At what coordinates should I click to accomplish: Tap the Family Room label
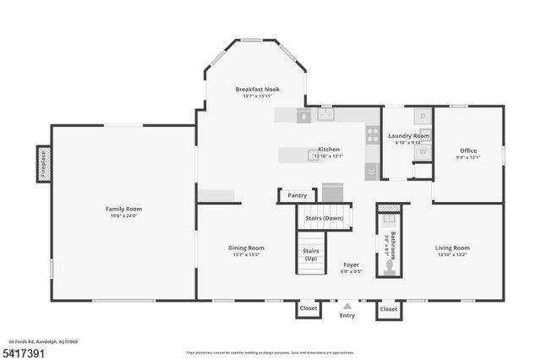click(x=123, y=209)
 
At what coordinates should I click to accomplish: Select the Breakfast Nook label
click(x=257, y=89)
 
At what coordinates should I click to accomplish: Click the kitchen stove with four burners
click(x=372, y=134)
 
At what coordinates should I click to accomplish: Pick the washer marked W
click(x=423, y=152)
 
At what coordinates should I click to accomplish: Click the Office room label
click(x=468, y=150)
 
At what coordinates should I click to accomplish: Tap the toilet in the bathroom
click(x=389, y=266)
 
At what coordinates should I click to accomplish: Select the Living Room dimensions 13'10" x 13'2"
click(x=452, y=255)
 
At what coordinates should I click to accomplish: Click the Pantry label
click(x=297, y=195)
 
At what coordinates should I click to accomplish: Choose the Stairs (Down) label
click(x=323, y=218)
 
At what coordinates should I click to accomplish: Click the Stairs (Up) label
click(x=310, y=254)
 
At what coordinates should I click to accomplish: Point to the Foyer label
click(x=352, y=265)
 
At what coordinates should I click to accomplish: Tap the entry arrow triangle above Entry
click(x=347, y=306)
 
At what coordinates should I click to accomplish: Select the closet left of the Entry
click(x=309, y=309)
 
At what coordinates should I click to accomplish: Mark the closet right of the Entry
click(x=388, y=309)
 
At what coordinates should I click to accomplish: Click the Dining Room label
click(x=246, y=248)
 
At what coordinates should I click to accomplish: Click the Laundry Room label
click(x=408, y=135)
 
